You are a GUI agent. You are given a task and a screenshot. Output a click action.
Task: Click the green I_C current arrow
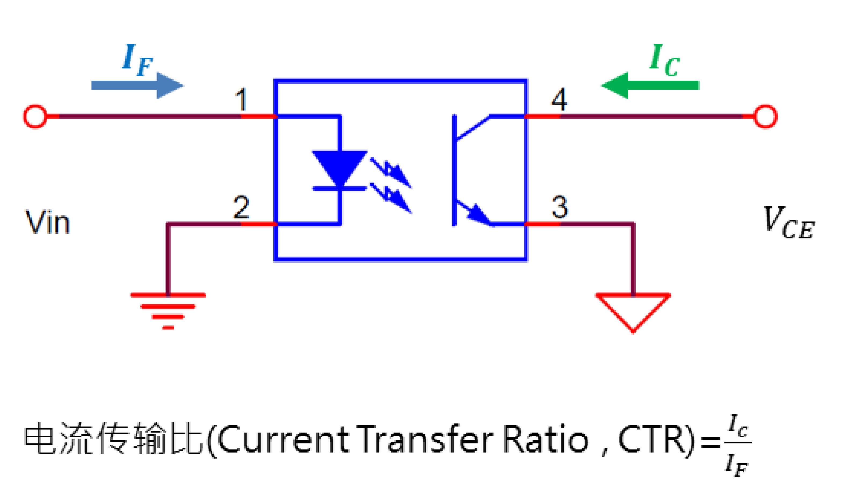pos(651,85)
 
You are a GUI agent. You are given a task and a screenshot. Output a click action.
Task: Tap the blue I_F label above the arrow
pos(137,60)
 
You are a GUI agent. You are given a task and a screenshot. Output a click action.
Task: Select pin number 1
pos(241,100)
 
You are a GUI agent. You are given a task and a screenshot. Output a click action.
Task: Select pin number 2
pos(241,207)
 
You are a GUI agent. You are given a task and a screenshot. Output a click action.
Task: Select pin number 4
pos(559,100)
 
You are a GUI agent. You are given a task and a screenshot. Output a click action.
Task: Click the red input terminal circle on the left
pos(35,116)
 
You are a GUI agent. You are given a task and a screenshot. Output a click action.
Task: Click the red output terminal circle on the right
pos(765,117)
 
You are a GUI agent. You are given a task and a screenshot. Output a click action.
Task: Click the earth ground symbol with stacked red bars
pos(168,310)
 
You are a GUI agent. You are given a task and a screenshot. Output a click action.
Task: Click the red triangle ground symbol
pos(633,309)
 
